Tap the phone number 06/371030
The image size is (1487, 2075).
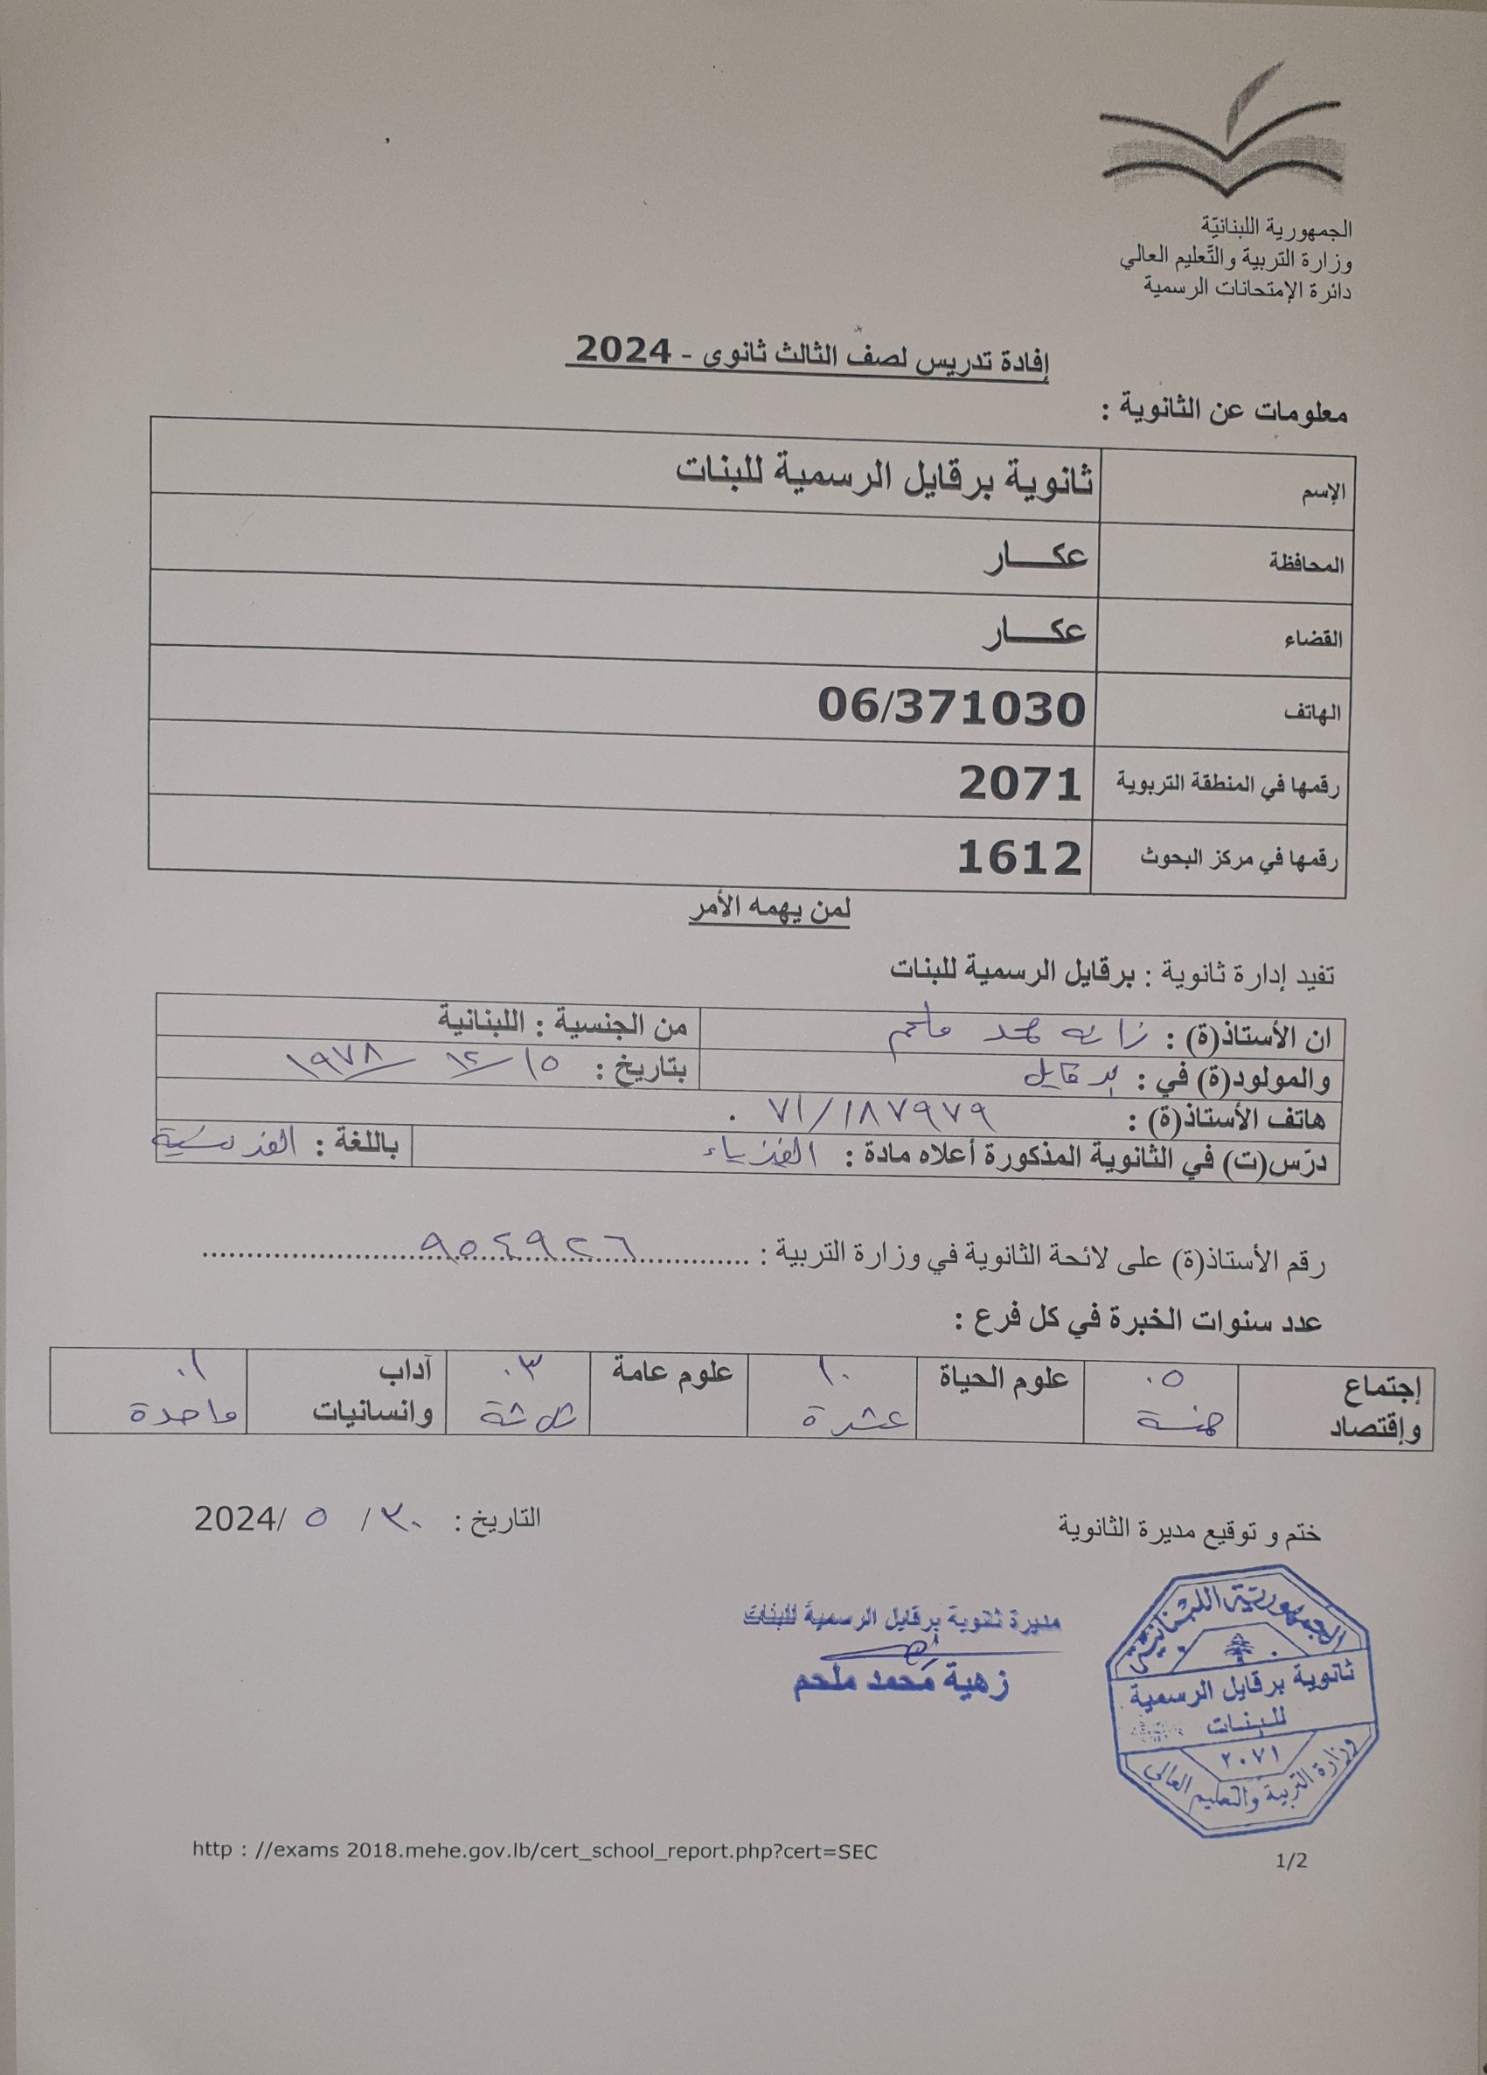click(x=952, y=706)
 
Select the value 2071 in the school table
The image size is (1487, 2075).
click(x=1020, y=783)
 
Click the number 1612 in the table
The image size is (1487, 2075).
click(x=1019, y=857)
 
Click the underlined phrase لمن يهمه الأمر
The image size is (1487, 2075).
click(x=769, y=912)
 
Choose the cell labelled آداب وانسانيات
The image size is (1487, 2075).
click(x=371, y=1402)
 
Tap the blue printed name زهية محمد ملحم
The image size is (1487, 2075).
click(x=900, y=1684)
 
